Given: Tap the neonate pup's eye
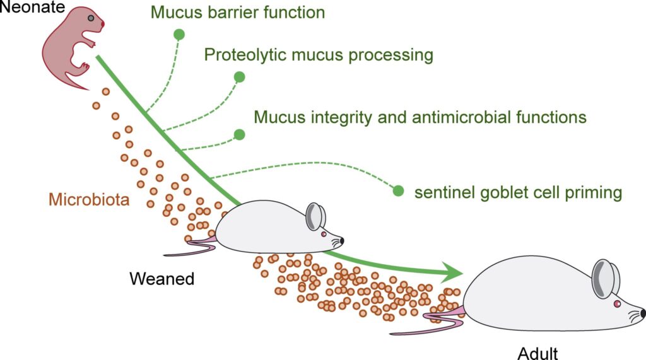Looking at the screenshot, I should click(x=92, y=19).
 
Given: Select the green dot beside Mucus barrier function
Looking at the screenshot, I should click(x=179, y=35).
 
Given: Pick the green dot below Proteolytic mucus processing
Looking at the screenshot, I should click(x=239, y=77).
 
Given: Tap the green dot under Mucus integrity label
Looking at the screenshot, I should click(x=239, y=134).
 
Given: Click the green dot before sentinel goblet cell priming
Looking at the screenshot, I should click(x=398, y=190).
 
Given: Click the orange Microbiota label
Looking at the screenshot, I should click(x=89, y=201).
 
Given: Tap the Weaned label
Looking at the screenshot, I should click(x=161, y=278).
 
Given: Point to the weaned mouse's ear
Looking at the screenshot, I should click(x=315, y=216).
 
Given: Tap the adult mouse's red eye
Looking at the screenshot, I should click(x=617, y=304).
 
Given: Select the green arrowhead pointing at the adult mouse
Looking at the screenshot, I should click(x=455, y=272).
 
